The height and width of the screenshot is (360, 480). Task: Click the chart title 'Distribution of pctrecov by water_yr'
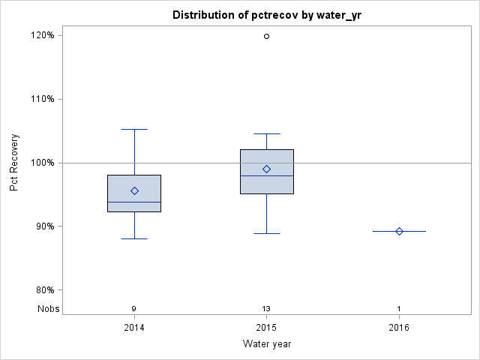point(266,15)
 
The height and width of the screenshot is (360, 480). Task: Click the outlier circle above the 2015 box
point(266,36)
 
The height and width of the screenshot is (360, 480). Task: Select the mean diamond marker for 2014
point(134,191)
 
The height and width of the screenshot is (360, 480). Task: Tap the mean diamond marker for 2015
point(266,169)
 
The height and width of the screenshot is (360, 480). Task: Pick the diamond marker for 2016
point(399,231)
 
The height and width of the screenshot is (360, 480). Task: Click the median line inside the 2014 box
point(134,202)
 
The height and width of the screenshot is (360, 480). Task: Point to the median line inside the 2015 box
point(266,175)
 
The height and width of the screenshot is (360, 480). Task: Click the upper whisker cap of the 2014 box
point(134,129)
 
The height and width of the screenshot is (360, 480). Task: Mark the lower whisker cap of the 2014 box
point(134,238)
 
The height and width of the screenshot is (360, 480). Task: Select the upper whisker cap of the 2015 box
point(266,133)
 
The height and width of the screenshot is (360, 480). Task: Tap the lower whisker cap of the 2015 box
point(266,233)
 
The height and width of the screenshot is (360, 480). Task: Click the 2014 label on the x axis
point(134,328)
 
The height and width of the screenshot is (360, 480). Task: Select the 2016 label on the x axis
point(399,328)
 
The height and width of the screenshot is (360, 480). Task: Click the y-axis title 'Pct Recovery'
point(14,163)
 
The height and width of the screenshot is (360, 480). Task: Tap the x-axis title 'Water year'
point(266,344)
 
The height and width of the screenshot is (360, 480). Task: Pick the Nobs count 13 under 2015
point(266,309)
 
